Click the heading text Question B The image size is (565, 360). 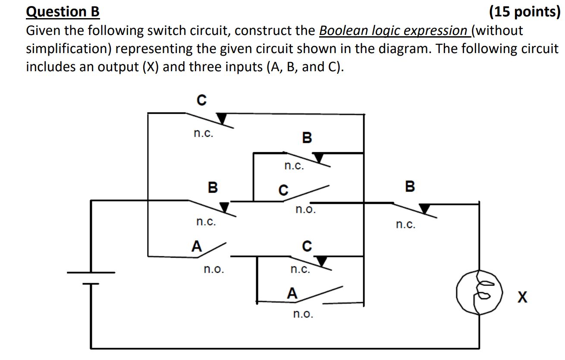point(63,12)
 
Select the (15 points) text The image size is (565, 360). point(524,12)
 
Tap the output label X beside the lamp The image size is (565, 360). point(522,297)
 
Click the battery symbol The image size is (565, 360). point(91,278)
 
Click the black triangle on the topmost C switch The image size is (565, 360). point(222,118)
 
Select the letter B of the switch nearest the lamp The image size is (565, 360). point(410,186)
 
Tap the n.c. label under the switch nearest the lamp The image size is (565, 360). point(405,224)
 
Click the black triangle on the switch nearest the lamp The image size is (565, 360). point(425,209)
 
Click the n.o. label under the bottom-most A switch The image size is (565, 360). point(303,314)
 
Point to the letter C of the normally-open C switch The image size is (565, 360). point(283,190)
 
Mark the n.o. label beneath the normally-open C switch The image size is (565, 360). point(305,210)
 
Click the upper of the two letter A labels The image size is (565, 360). point(197,246)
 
